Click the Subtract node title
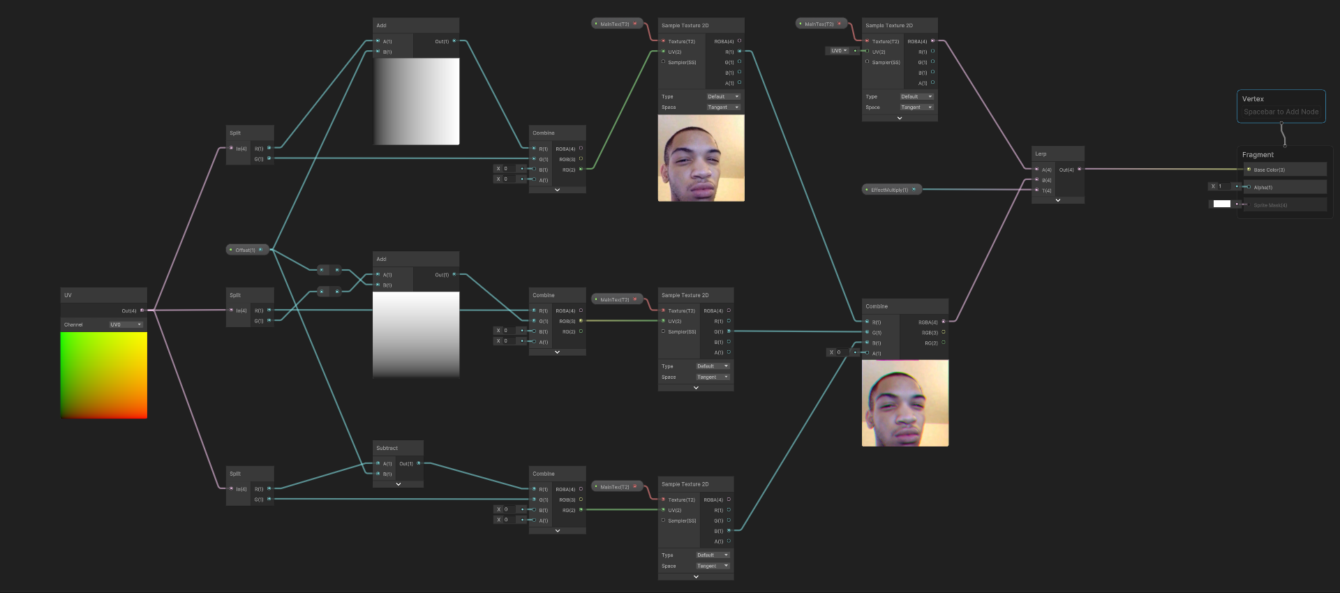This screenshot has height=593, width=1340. pyautogui.click(x=387, y=448)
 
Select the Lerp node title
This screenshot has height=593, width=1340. pyautogui.click(x=1041, y=153)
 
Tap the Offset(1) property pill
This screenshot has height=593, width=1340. pyautogui.click(x=246, y=250)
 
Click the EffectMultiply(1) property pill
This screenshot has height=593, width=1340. pyautogui.click(x=890, y=190)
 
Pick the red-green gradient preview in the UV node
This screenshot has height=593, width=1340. pyautogui.click(x=104, y=375)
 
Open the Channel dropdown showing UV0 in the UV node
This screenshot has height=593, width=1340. pyautogui.click(x=126, y=324)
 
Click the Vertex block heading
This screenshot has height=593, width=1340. pyautogui.click(x=1253, y=99)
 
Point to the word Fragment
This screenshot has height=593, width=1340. pyautogui.click(x=1258, y=155)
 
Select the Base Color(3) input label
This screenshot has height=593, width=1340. pyautogui.click(x=1269, y=170)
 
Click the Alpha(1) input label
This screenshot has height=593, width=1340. pyautogui.click(x=1263, y=187)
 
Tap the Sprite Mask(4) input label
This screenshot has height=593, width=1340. pyautogui.click(x=1270, y=205)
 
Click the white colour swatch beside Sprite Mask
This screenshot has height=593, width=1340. pyautogui.click(x=1221, y=204)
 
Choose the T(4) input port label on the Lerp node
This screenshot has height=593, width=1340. pyautogui.click(x=1046, y=190)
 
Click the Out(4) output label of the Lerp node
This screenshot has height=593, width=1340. pyautogui.click(x=1066, y=170)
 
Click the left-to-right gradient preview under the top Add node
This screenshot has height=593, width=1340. pyautogui.click(x=416, y=101)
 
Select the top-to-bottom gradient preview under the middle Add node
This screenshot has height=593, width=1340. pyautogui.click(x=416, y=334)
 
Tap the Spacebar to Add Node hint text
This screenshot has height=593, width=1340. pyautogui.click(x=1281, y=112)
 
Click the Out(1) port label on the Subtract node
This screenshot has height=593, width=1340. pyautogui.click(x=405, y=463)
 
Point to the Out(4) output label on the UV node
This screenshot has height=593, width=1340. pyautogui.click(x=129, y=310)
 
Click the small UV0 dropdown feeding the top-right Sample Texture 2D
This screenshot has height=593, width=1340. pyautogui.click(x=838, y=51)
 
